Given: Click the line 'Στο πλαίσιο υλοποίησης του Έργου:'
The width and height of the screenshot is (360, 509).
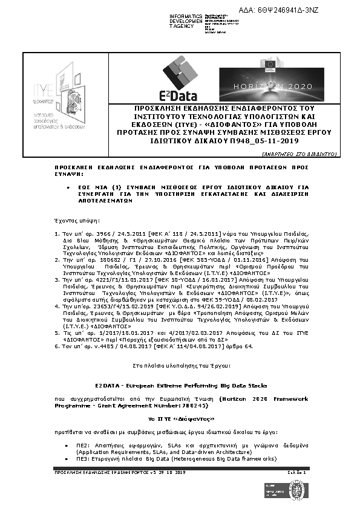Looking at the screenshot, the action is click(x=180, y=366).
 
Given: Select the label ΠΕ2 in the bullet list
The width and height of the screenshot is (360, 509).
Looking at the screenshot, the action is click(x=83, y=444).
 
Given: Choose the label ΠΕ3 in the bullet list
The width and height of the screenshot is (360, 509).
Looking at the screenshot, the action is click(x=83, y=459).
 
